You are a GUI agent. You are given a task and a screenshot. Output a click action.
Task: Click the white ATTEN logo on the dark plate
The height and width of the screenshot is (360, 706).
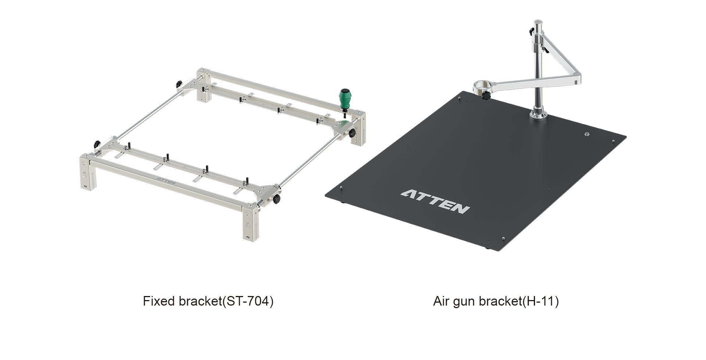tap(435, 202)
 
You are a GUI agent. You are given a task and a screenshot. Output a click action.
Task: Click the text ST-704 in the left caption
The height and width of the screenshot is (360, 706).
tap(248, 301)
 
